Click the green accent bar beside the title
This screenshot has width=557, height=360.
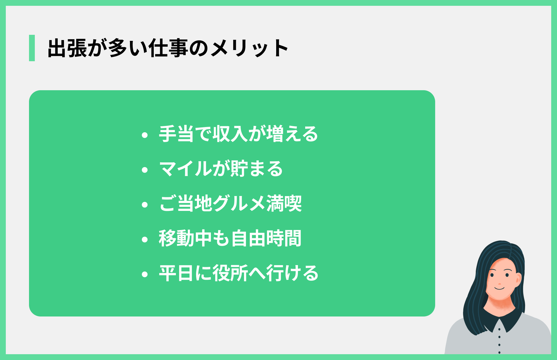coord(32,48)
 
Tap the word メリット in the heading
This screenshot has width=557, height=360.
coord(249,48)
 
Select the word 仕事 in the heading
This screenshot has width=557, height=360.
coord(168,48)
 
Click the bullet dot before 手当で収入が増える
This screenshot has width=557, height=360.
coord(145,135)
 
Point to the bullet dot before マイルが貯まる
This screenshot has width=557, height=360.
coord(145,170)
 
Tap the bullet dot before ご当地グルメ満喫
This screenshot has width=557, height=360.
coord(145,205)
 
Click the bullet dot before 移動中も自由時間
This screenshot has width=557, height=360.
coord(145,240)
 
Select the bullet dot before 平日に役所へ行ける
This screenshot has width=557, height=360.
coord(145,274)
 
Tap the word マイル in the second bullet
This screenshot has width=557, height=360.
coord(186,169)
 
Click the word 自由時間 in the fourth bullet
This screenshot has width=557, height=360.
coord(266,238)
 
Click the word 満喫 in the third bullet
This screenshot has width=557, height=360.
coord(284,204)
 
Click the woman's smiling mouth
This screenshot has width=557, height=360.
coord(500,288)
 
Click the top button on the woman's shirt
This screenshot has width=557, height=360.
coord(499,329)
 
